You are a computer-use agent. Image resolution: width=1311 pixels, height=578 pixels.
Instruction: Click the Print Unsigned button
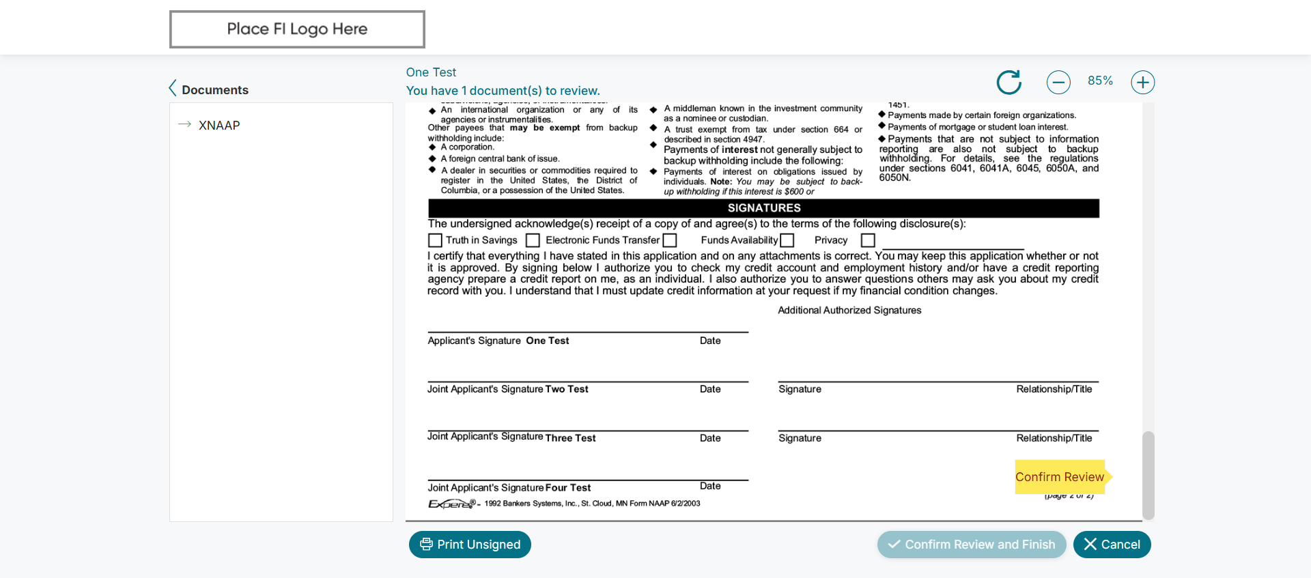pyautogui.click(x=470, y=545)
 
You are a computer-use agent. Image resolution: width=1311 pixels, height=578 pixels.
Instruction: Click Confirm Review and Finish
pyautogui.click(x=971, y=545)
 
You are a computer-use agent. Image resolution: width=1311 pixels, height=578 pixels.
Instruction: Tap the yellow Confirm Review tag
pyautogui.click(x=1059, y=477)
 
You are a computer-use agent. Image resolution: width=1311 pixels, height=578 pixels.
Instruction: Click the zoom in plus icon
pyautogui.click(x=1142, y=83)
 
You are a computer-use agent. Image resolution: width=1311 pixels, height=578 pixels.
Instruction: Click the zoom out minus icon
pyautogui.click(x=1058, y=83)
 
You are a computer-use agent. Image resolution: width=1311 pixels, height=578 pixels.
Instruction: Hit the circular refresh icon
pyautogui.click(x=1009, y=83)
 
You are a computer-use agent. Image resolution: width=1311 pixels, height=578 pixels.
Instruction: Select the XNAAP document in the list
pyautogui.click(x=219, y=126)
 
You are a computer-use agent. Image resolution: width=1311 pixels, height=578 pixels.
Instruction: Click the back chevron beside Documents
pyautogui.click(x=173, y=89)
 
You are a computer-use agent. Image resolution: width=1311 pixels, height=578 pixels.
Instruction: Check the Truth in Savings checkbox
pyautogui.click(x=435, y=240)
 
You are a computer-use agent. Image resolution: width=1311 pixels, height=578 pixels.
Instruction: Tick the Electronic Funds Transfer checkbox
pyautogui.click(x=533, y=240)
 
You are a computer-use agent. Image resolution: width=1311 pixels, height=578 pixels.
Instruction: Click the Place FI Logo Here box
pyautogui.click(x=297, y=29)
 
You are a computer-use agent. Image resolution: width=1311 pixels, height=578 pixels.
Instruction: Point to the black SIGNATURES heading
pyautogui.click(x=763, y=208)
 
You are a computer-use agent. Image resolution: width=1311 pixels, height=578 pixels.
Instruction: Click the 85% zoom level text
pyautogui.click(x=1100, y=81)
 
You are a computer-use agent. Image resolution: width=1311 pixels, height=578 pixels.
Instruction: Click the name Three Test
pyautogui.click(x=570, y=438)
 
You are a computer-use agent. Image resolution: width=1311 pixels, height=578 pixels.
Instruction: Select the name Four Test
pyautogui.click(x=567, y=488)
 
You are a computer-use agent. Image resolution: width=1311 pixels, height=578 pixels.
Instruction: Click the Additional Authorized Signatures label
pyautogui.click(x=849, y=310)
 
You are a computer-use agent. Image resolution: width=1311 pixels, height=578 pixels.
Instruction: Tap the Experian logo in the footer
pyautogui.click(x=451, y=504)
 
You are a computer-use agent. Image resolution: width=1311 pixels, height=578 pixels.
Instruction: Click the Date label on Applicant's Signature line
pyautogui.click(x=710, y=341)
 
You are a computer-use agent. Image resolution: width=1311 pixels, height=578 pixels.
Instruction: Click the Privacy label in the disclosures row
pyautogui.click(x=830, y=240)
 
